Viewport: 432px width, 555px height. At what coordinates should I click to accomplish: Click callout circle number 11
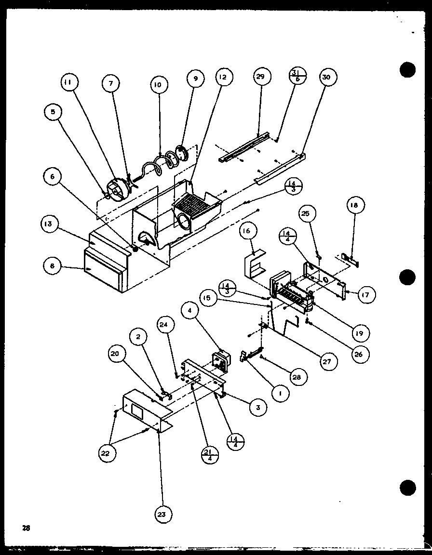pos(69,83)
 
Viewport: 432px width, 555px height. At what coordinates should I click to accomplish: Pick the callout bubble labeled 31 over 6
pos(297,77)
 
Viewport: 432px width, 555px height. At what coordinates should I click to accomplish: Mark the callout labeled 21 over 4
pos(210,453)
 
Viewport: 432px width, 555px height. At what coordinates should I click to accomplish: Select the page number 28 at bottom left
pos(26,528)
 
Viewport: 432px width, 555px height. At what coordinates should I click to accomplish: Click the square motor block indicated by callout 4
pos(220,361)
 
